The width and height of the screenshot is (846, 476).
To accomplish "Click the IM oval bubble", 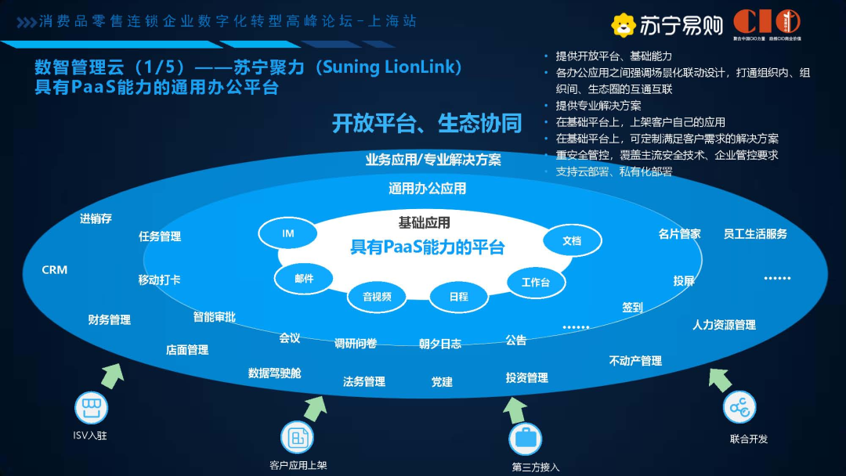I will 287,233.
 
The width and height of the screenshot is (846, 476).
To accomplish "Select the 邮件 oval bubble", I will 304,279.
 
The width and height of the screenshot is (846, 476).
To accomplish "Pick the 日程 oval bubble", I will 458,296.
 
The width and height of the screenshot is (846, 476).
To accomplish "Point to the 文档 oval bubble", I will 572,240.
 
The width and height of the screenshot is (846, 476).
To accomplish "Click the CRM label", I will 55,270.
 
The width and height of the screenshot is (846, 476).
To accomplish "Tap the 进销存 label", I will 96,219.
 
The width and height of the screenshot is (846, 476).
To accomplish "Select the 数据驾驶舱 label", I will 274,373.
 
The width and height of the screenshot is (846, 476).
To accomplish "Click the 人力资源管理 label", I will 724,324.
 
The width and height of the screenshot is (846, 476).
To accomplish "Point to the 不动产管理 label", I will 635,361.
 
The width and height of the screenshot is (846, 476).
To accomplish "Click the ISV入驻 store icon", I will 90,408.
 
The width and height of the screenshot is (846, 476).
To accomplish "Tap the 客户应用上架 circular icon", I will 297,438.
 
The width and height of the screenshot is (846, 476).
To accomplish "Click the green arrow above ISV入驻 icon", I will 113,375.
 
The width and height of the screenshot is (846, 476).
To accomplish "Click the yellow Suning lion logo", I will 624,26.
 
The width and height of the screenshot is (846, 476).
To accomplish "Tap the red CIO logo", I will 766,22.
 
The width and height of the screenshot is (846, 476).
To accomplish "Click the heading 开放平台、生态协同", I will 426,123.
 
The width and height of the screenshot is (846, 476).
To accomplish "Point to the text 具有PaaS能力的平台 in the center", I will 427,247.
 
